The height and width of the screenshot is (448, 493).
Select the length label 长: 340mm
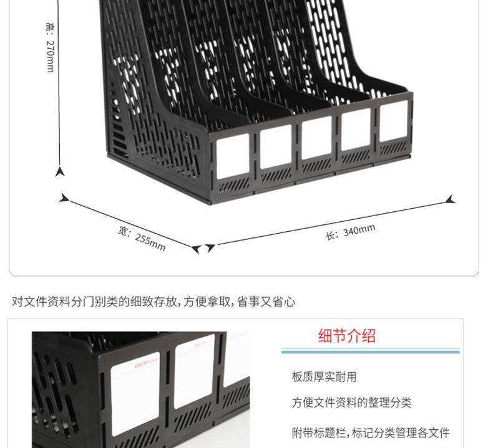tap(350, 231)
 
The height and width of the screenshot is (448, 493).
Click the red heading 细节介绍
tap(347, 336)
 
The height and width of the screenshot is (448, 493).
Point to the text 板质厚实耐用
tap(325, 377)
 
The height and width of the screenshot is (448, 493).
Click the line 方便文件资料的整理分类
tap(352, 403)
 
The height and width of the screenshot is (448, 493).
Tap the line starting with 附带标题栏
tap(371, 432)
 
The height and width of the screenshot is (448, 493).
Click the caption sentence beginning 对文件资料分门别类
tap(154, 302)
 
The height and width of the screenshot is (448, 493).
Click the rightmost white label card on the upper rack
tap(393, 121)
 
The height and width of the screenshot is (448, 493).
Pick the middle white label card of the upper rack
tap(316, 138)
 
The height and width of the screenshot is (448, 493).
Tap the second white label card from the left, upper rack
tap(276, 147)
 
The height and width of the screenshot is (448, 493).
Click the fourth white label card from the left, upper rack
tap(356, 129)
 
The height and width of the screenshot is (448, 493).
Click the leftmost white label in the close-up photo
tap(135, 394)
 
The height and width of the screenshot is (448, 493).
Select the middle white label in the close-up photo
tap(194, 370)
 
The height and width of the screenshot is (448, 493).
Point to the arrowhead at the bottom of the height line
tap(60, 171)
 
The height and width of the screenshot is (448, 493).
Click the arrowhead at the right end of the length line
tap(451, 200)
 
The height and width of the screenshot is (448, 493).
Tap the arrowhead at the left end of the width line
tap(64, 199)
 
